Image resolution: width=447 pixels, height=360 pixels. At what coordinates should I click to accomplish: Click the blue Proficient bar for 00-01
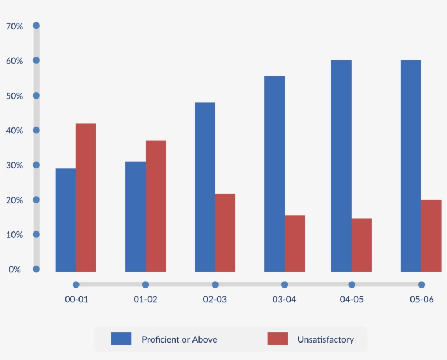[65, 220]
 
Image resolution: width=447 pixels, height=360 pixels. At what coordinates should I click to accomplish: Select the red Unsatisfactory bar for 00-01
[86, 197]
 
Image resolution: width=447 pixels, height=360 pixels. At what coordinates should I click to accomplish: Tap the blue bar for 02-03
[205, 187]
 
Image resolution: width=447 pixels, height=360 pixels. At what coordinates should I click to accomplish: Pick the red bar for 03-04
[295, 243]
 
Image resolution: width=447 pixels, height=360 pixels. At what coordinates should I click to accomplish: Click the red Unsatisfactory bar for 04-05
[361, 245]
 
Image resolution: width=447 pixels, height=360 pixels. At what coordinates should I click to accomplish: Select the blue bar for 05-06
[410, 166]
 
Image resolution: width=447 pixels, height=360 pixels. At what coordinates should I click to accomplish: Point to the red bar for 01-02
[156, 206]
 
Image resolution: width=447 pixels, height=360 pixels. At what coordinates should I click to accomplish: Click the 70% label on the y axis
[15, 26]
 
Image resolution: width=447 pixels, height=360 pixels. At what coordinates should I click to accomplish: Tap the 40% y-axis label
[15, 131]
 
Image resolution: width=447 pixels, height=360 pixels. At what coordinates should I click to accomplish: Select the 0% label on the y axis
[15, 270]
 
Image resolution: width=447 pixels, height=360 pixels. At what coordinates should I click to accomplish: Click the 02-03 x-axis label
[215, 300]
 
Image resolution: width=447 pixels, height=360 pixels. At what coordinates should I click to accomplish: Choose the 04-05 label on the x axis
[352, 300]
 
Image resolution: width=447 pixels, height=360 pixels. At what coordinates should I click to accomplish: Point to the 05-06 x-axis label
[421, 300]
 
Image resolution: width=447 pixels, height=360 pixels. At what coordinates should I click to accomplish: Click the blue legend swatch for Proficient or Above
[121, 339]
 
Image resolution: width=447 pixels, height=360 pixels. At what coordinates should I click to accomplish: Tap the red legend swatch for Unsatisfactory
[277, 339]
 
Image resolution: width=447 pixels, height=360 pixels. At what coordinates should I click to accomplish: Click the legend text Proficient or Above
[179, 339]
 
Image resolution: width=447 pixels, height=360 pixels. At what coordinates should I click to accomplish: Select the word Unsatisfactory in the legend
[325, 339]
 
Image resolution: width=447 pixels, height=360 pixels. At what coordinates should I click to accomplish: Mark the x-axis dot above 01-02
[146, 284]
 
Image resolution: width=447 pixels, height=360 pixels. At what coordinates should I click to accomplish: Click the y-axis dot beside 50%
[37, 95]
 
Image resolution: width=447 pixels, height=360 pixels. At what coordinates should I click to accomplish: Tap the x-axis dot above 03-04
[285, 284]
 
